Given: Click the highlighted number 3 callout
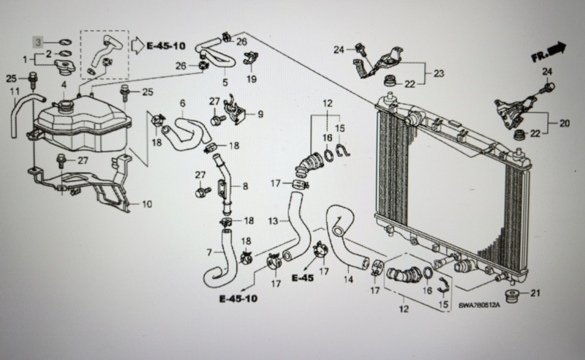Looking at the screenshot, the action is pyautogui.click(x=38, y=42).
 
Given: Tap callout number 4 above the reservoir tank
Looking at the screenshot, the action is pyautogui.click(x=64, y=85).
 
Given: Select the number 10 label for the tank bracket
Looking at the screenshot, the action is pyautogui.click(x=147, y=204).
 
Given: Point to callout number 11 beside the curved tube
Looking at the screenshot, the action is pyautogui.click(x=14, y=91).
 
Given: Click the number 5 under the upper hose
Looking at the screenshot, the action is pyautogui.click(x=225, y=82).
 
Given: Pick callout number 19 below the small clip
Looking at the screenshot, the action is pyautogui.click(x=252, y=79).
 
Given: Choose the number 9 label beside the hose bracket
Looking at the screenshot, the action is pyautogui.click(x=260, y=114).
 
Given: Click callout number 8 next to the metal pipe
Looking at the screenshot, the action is pyautogui.click(x=245, y=186).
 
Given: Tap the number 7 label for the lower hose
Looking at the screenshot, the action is pyautogui.click(x=209, y=253).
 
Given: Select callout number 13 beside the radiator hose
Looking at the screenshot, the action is pyautogui.click(x=273, y=221).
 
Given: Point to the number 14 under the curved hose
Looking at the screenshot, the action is pyautogui.click(x=348, y=279).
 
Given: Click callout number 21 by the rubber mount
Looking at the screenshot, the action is pyautogui.click(x=535, y=293).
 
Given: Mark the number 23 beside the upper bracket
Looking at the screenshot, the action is pyautogui.click(x=439, y=74).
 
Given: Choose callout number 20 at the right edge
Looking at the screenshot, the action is pyautogui.click(x=565, y=123).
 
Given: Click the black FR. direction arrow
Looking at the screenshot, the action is pyautogui.click(x=558, y=49).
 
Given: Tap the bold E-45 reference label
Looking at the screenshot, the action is pyautogui.click(x=303, y=278).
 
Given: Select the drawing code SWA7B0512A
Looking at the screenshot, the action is pyautogui.click(x=479, y=305).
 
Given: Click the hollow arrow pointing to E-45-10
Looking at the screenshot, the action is pyautogui.click(x=137, y=45).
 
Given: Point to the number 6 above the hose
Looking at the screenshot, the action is pyautogui.click(x=182, y=103).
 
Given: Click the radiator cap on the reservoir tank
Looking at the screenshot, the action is pyautogui.click(x=64, y=67).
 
